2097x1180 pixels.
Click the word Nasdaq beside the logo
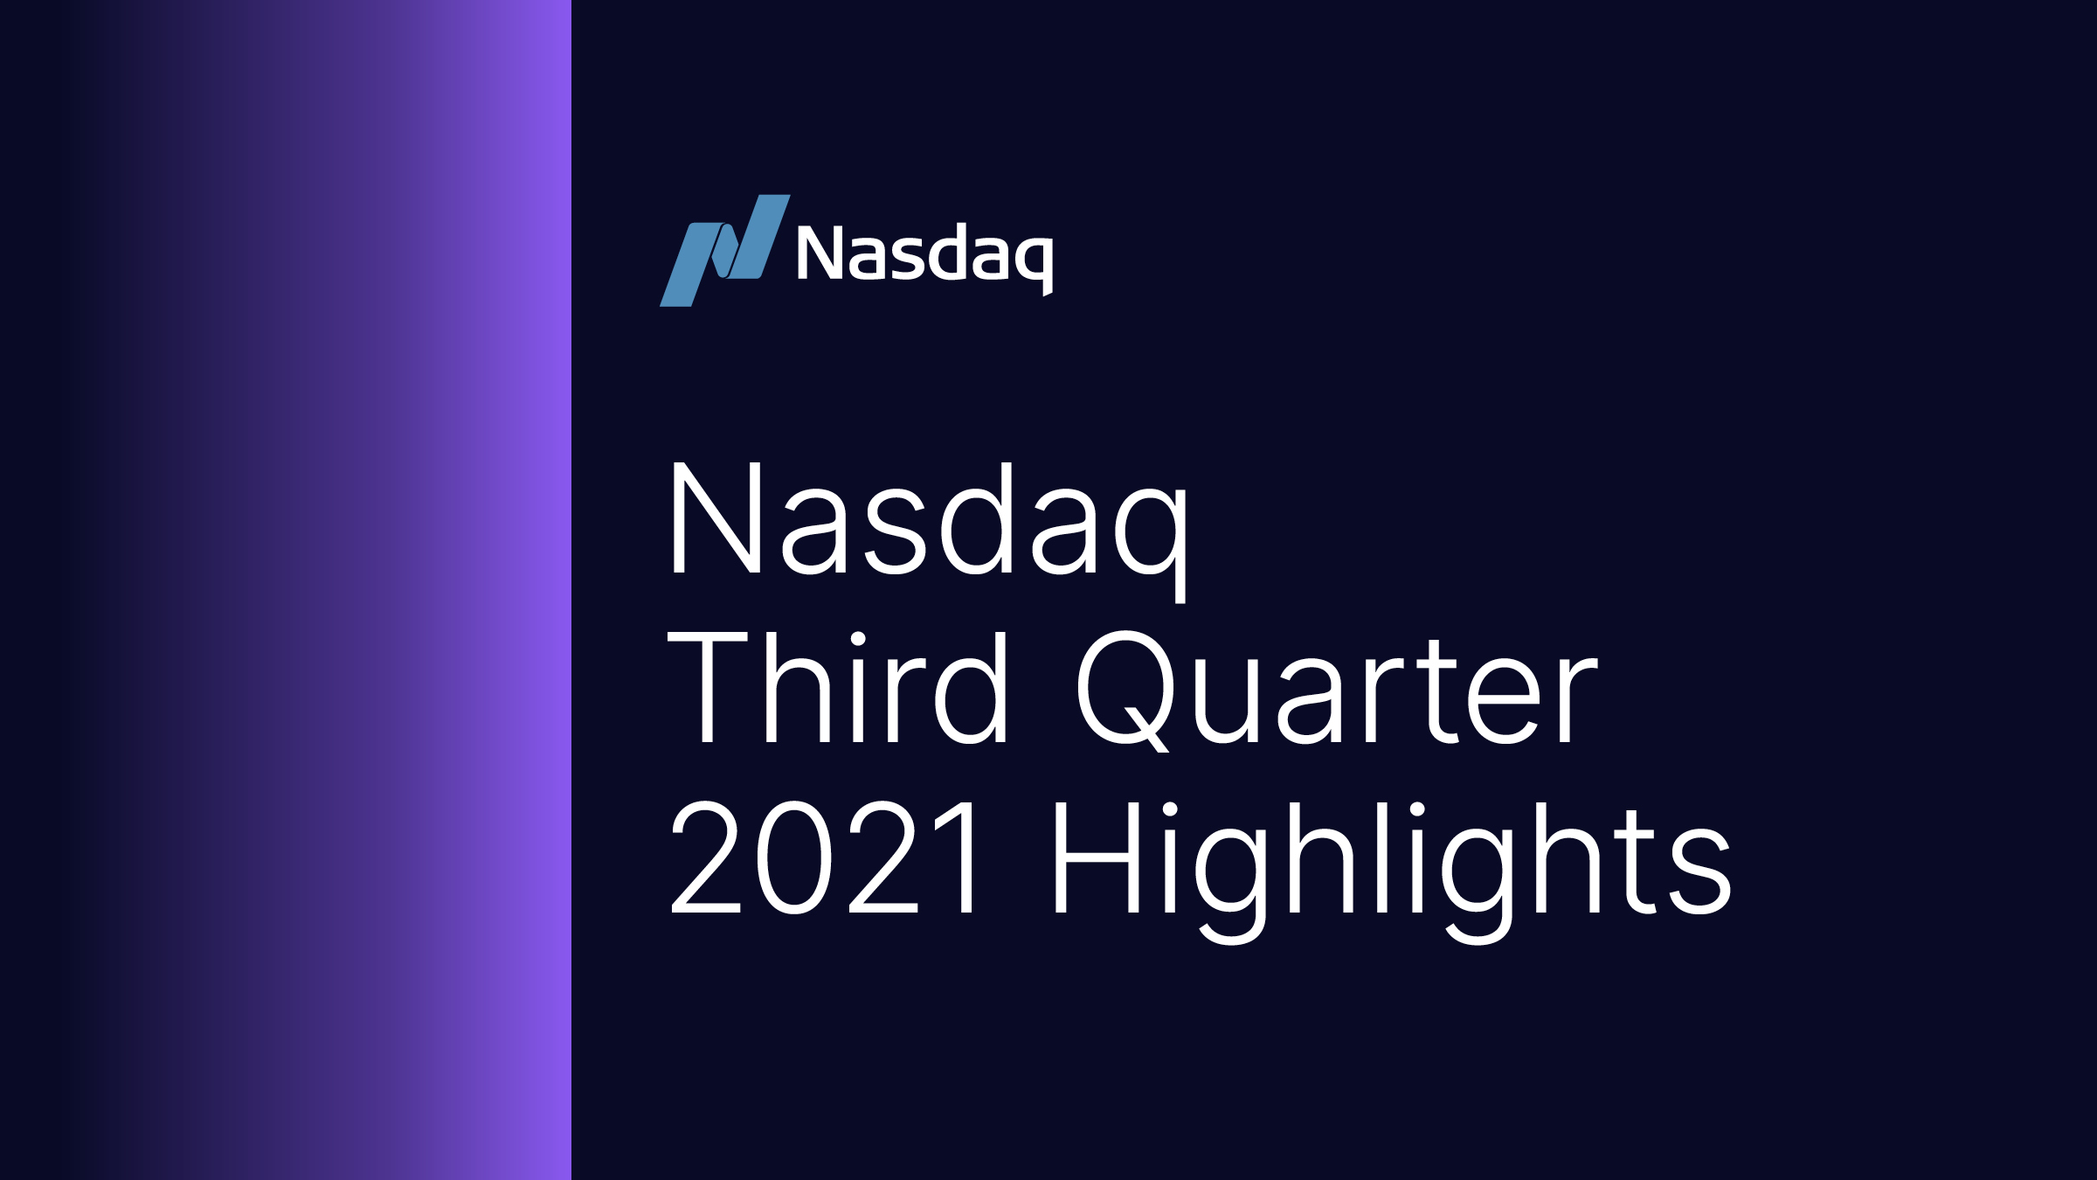pyautogui.click(x=924, y=255)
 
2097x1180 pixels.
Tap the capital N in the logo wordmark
pyautogui.click(x=819, y=253)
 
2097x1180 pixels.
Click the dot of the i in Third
pyautogui.click(x=858, y=639)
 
